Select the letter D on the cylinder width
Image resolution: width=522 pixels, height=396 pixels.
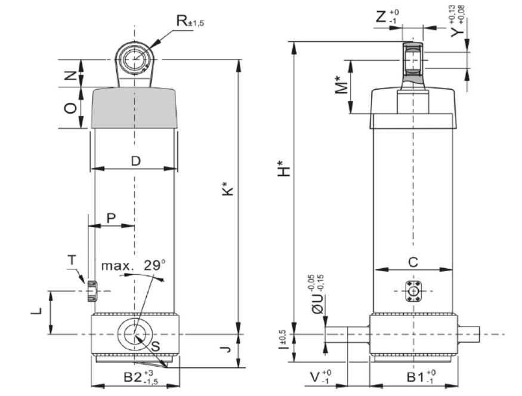pyautogui.click(x=135, y=161)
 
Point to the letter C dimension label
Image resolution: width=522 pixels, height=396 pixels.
pyautogui.click(x=413, y=262)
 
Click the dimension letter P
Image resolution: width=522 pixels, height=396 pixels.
pyautogui.click(x=111, y=218)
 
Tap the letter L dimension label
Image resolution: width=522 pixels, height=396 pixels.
pyautogui.click(x=37, y=311)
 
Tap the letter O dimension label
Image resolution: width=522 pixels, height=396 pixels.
pyautogui.click(x=70, y=108)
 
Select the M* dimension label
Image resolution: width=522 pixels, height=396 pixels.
pyautogui.click(x=341, y=85)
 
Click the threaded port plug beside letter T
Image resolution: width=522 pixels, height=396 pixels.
pyautogui.click(x=91, y=290)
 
